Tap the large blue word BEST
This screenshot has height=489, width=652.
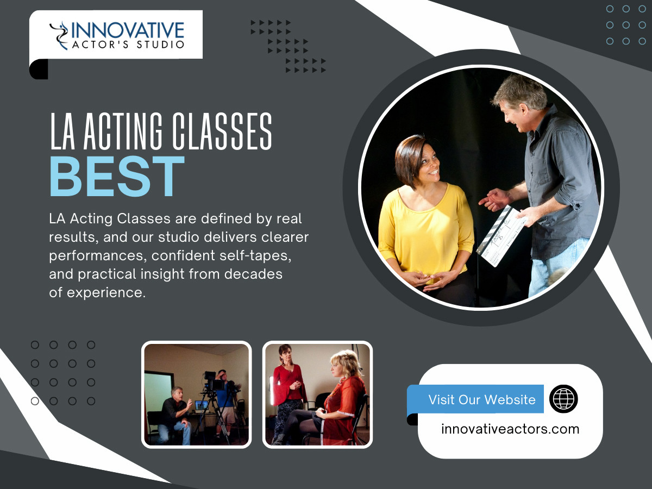point(117,177)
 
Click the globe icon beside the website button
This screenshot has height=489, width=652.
point(563,399)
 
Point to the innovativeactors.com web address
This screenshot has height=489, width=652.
point(510,429)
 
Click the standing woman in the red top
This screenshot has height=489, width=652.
point(287,386)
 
